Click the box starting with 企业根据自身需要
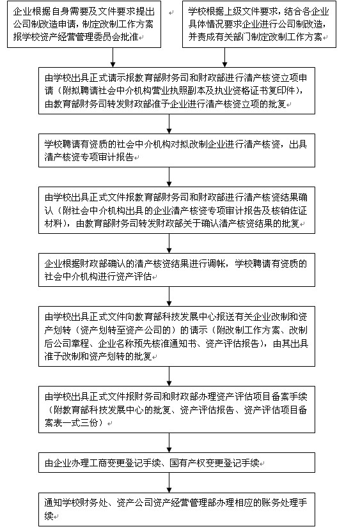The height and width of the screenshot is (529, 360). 84,24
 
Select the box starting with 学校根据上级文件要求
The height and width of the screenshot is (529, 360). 259,24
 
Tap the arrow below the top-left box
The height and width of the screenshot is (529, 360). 113,57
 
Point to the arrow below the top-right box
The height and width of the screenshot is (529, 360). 224,57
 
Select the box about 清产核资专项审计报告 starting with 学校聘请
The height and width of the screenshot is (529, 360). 176,151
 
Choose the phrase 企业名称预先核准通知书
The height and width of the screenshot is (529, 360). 148,343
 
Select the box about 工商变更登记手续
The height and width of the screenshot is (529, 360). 176,463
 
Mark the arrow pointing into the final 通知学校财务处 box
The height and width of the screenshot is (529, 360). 169,482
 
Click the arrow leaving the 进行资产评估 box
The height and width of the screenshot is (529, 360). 169,296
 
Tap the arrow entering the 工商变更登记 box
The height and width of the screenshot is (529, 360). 169,443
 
